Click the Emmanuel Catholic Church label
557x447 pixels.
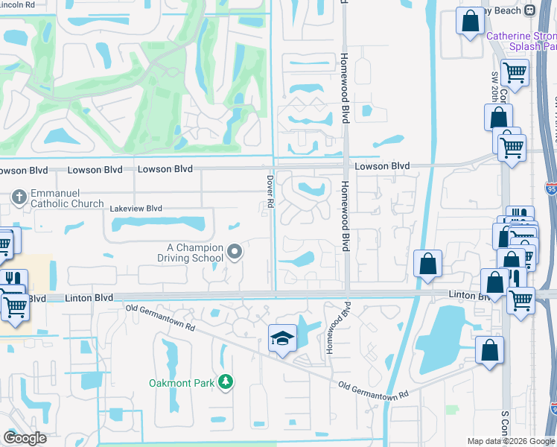coord(67,197)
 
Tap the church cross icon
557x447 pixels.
coord(19,196)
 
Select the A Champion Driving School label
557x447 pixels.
coord(194,253)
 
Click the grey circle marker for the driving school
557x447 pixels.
coord(235,253)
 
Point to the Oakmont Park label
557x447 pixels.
coord(182,382)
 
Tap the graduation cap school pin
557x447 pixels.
coord(282,339)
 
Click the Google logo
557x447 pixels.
coord(25,438)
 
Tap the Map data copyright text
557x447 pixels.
coord(511,441)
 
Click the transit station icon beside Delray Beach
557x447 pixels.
coord(529,10)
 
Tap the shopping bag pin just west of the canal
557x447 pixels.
coord(428,264)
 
